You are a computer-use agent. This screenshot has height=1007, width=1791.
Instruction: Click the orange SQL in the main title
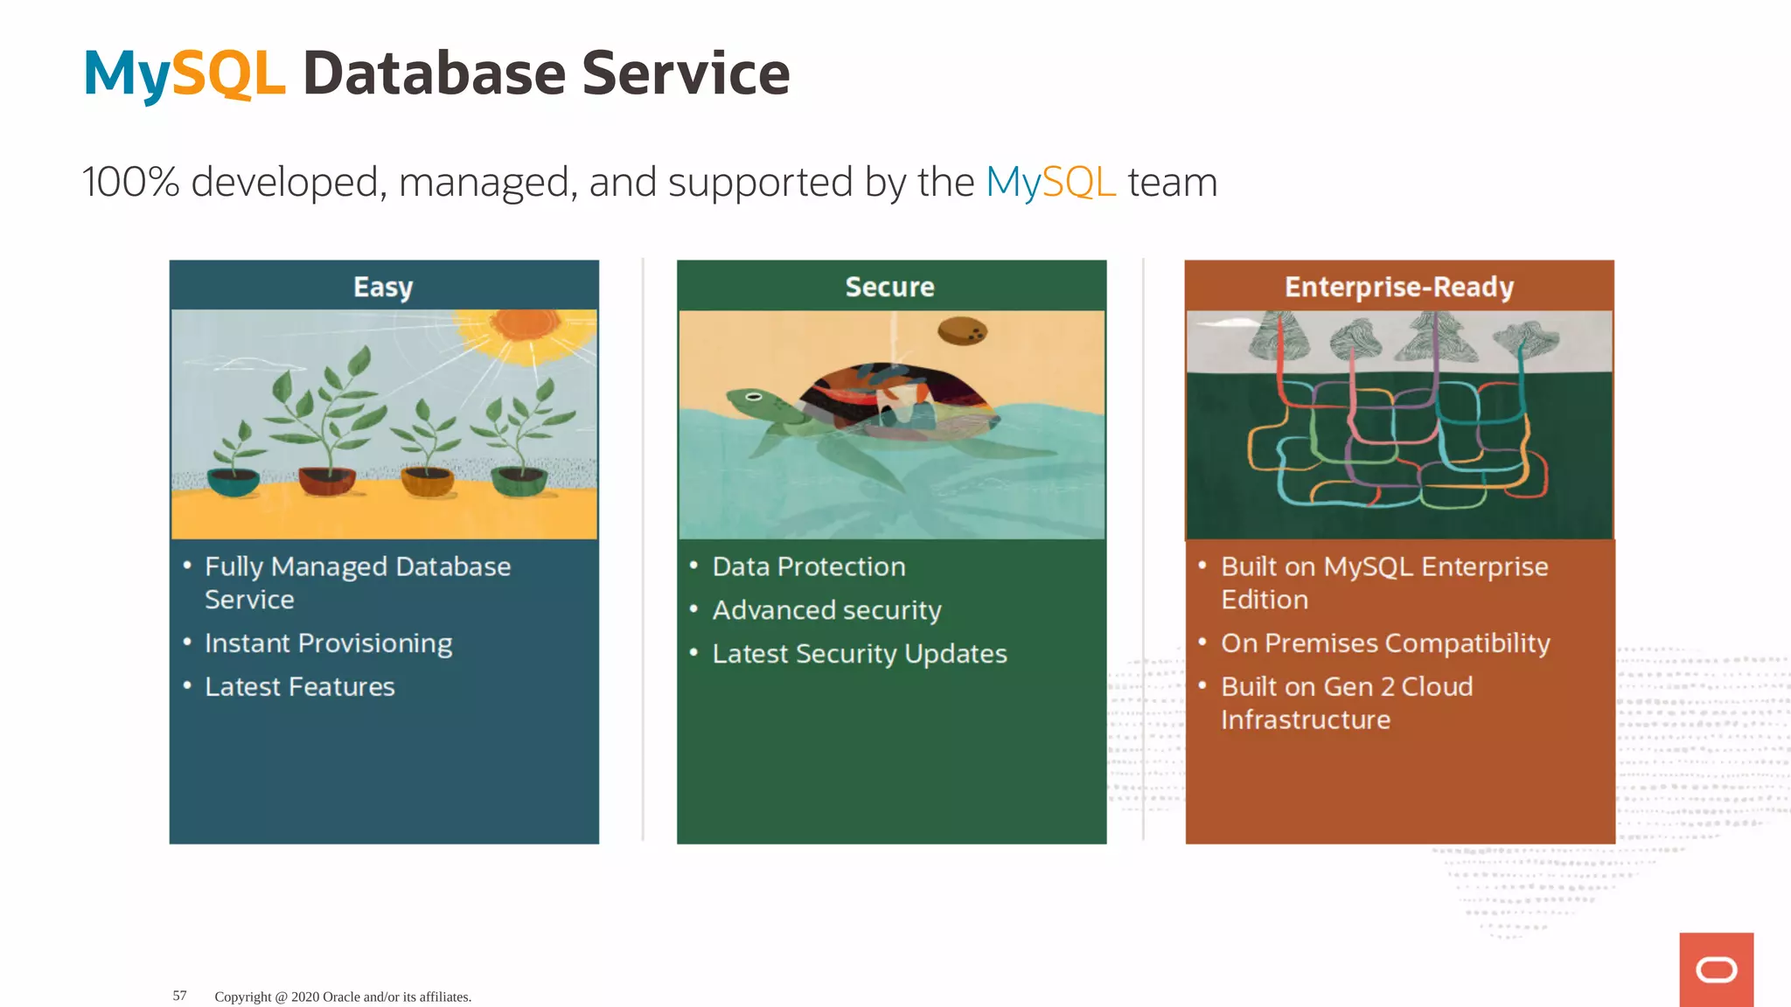229,73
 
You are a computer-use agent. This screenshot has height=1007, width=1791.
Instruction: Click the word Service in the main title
686,73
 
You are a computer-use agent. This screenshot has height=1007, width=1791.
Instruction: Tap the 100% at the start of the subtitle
129,182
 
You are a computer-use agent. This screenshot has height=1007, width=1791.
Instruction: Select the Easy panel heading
383,287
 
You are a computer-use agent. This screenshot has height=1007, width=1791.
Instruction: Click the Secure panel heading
889,287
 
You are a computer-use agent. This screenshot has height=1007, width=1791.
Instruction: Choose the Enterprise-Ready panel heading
1398,287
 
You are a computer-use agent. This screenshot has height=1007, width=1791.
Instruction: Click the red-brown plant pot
326,480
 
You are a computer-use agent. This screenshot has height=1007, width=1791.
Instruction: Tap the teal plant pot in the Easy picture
233,482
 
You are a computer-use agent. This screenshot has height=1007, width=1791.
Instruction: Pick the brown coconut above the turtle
962,331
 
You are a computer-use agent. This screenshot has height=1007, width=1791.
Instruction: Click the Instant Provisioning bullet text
328,643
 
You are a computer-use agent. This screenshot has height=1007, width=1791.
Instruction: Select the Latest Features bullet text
299,687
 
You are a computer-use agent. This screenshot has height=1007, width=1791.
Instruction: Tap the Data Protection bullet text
808,566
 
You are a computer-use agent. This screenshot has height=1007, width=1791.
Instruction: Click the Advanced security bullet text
826,610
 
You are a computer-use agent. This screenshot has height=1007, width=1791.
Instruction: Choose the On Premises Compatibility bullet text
1385,643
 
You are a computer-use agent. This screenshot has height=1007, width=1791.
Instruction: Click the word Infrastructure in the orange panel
1305,720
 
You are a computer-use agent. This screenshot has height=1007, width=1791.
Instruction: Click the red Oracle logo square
1716,969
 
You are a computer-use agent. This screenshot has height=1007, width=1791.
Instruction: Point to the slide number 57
179,996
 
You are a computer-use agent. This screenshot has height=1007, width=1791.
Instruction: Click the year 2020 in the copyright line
305,997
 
